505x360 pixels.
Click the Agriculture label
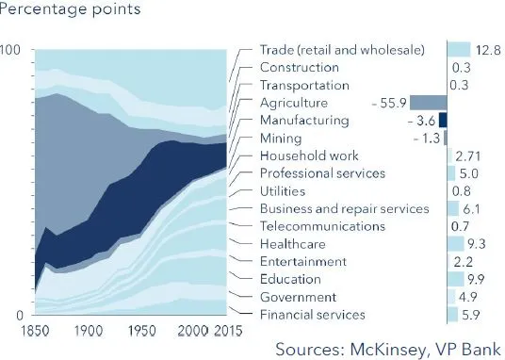(294, 103)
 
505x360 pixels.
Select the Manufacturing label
(303, 121)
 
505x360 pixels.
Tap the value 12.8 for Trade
(488, 49)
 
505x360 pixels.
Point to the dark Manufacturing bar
(442, 121)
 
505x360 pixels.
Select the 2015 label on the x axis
(226, 331)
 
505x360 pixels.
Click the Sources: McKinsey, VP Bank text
(385, 350)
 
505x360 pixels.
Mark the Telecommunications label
(322, 226)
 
